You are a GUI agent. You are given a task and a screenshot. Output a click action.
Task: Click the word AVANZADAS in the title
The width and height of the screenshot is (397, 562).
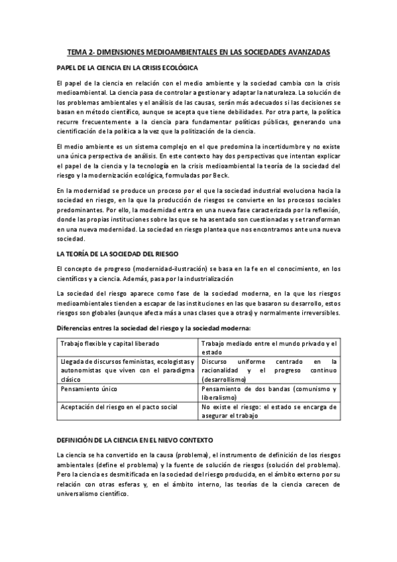pos(307,52)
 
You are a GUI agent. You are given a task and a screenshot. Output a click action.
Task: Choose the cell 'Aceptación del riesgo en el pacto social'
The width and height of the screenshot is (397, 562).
pos(119,407)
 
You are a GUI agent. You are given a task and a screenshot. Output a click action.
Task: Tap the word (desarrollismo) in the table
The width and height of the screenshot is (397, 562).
pos(224,379)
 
